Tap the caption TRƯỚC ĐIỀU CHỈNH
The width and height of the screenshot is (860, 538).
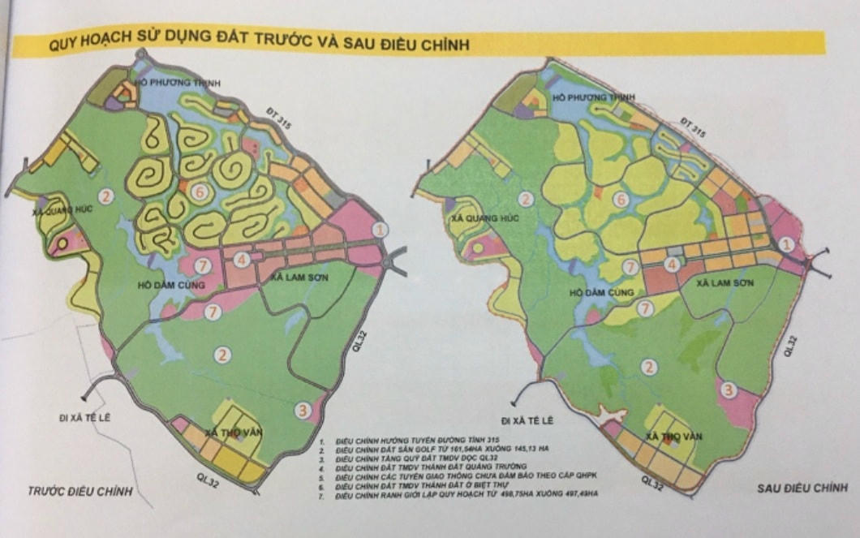[79, 491]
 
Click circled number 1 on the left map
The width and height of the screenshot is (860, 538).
[382, 230]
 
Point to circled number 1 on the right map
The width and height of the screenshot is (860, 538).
[785, 243]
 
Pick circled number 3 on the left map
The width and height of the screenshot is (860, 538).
[303, 410]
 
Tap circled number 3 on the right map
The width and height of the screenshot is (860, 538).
[729, 391]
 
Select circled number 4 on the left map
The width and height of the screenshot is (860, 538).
[240, 260]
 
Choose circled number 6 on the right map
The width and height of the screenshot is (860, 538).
[621, 200]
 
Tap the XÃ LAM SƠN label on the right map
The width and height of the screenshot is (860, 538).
[726, 284]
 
